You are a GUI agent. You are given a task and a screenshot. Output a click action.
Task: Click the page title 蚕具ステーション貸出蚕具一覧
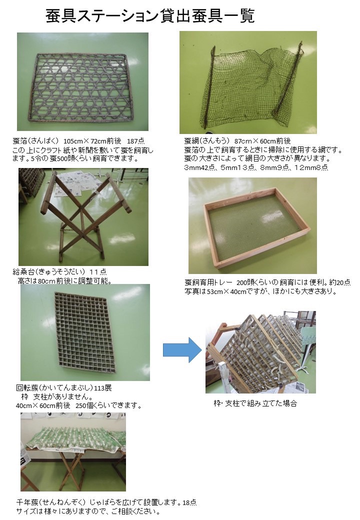coord(150,16)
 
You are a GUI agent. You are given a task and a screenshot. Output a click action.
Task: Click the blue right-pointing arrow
coord(180,349)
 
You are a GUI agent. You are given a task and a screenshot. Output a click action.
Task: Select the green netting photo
coord(248,82)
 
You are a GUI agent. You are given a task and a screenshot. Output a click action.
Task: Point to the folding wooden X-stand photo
coord(83,216)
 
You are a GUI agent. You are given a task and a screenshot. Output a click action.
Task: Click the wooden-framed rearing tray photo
coord(252,225)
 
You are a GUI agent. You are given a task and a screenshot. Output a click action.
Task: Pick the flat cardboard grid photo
coord(85,331)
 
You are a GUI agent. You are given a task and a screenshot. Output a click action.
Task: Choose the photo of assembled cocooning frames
coord(260,352)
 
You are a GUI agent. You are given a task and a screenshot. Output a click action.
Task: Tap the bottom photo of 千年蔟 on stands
coord(73,451)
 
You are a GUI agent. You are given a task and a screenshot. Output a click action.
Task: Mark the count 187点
coord(135,141)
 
